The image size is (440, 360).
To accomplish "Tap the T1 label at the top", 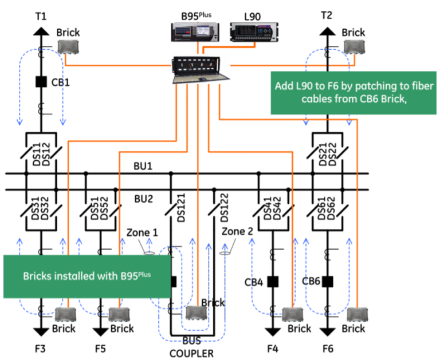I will [x=41, y=15].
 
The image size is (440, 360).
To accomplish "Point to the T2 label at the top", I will [x=327, y=15].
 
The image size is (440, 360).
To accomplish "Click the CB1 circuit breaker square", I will [x=41, y=82].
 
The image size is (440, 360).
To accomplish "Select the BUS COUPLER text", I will [x=192, y=347].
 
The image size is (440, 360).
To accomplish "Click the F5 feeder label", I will [x=100, y=346].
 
